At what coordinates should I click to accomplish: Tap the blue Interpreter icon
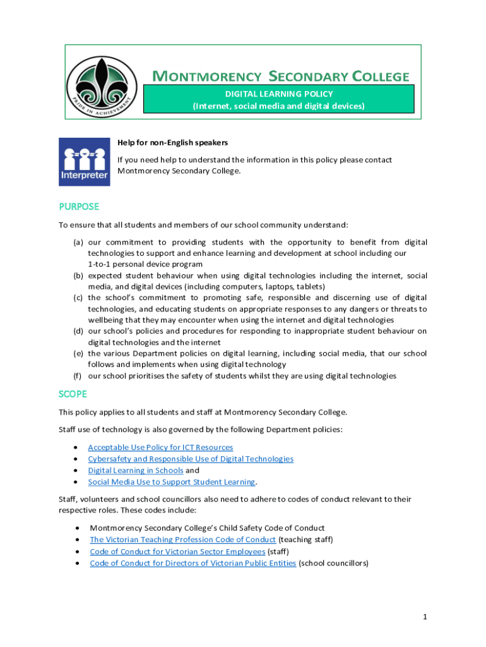84,162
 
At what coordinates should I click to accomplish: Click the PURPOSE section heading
79,207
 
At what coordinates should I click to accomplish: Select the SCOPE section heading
73,394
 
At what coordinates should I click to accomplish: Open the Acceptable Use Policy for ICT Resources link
160,447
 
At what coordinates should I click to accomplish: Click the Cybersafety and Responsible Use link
191,459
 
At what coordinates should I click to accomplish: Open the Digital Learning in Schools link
136,470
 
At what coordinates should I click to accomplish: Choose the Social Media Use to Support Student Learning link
172,481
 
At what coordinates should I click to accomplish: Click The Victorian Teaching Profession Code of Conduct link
183,539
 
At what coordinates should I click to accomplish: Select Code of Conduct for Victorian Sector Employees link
177,551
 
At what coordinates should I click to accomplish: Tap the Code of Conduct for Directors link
193,562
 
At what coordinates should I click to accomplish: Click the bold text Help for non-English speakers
173,142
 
